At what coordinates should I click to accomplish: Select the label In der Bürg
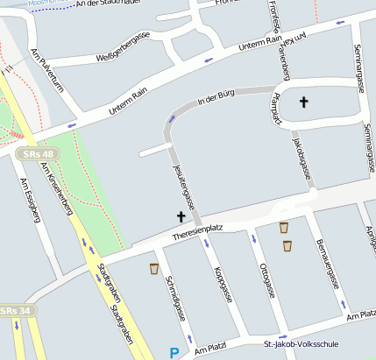pos(218,100)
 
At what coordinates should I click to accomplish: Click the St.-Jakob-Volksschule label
pos(301,344)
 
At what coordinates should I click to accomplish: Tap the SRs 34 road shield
pos(16,311)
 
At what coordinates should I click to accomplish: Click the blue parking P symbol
pos(174,353)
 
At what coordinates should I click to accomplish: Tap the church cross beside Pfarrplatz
pos(304,102)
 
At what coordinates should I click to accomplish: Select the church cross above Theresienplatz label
pos(181,215)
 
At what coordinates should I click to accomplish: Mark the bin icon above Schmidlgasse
pos(154,268)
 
